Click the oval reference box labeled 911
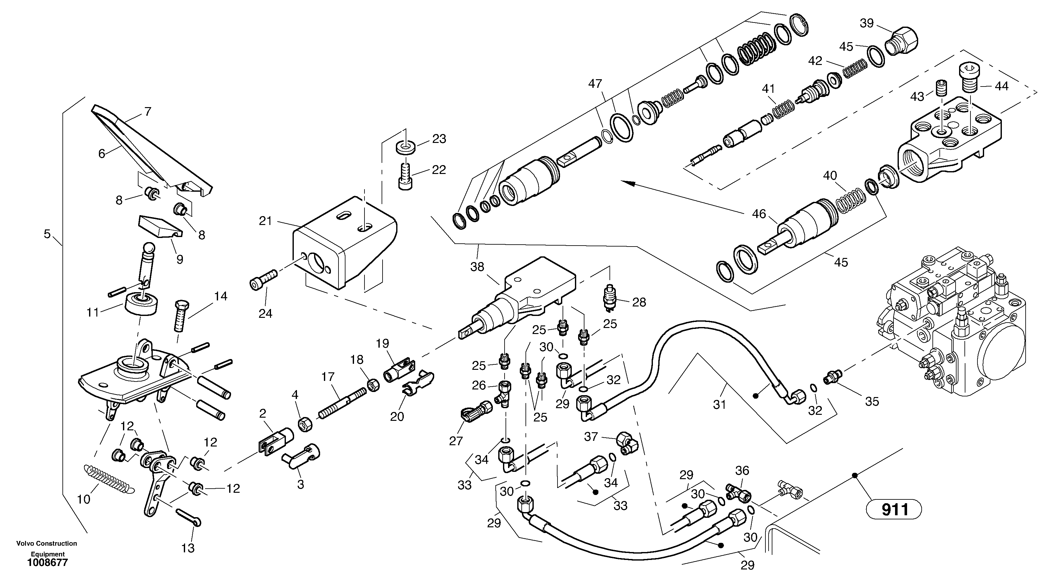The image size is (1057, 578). [x=894, y=510]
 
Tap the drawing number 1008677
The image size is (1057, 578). [x=47, y=563]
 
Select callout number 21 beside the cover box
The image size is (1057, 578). [x=266, y=221]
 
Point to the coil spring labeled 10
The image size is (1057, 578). [x=109, y=479]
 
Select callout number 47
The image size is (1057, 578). [x=595, y=84]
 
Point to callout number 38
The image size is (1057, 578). [x=477, y=267]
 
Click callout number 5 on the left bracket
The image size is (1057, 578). [x=47, y=234]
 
